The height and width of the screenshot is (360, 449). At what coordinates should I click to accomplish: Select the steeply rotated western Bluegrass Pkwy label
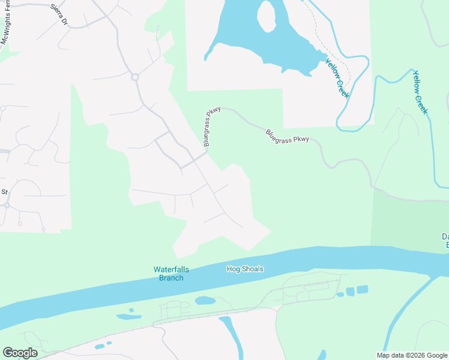coord(212,127)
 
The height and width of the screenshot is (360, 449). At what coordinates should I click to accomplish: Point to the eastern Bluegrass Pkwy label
coord(288,135)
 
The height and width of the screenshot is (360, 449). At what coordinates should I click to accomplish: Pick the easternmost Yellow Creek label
coord(420,92)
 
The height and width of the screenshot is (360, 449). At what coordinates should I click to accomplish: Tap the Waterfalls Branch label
coord(168,274)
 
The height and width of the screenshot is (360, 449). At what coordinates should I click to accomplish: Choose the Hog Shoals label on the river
coord(244,269)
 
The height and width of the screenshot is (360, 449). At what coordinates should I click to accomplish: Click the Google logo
coord(20,353)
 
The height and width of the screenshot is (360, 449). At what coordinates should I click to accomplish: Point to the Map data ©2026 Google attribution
coord(412,355)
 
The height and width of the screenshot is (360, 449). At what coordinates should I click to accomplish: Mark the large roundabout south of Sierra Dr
coord(135,77)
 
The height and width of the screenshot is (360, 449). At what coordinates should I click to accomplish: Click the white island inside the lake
coord(267,16)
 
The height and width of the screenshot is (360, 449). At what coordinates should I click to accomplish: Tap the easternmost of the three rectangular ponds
coord(362,289)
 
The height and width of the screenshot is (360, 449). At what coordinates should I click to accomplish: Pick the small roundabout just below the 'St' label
coord(7,205)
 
